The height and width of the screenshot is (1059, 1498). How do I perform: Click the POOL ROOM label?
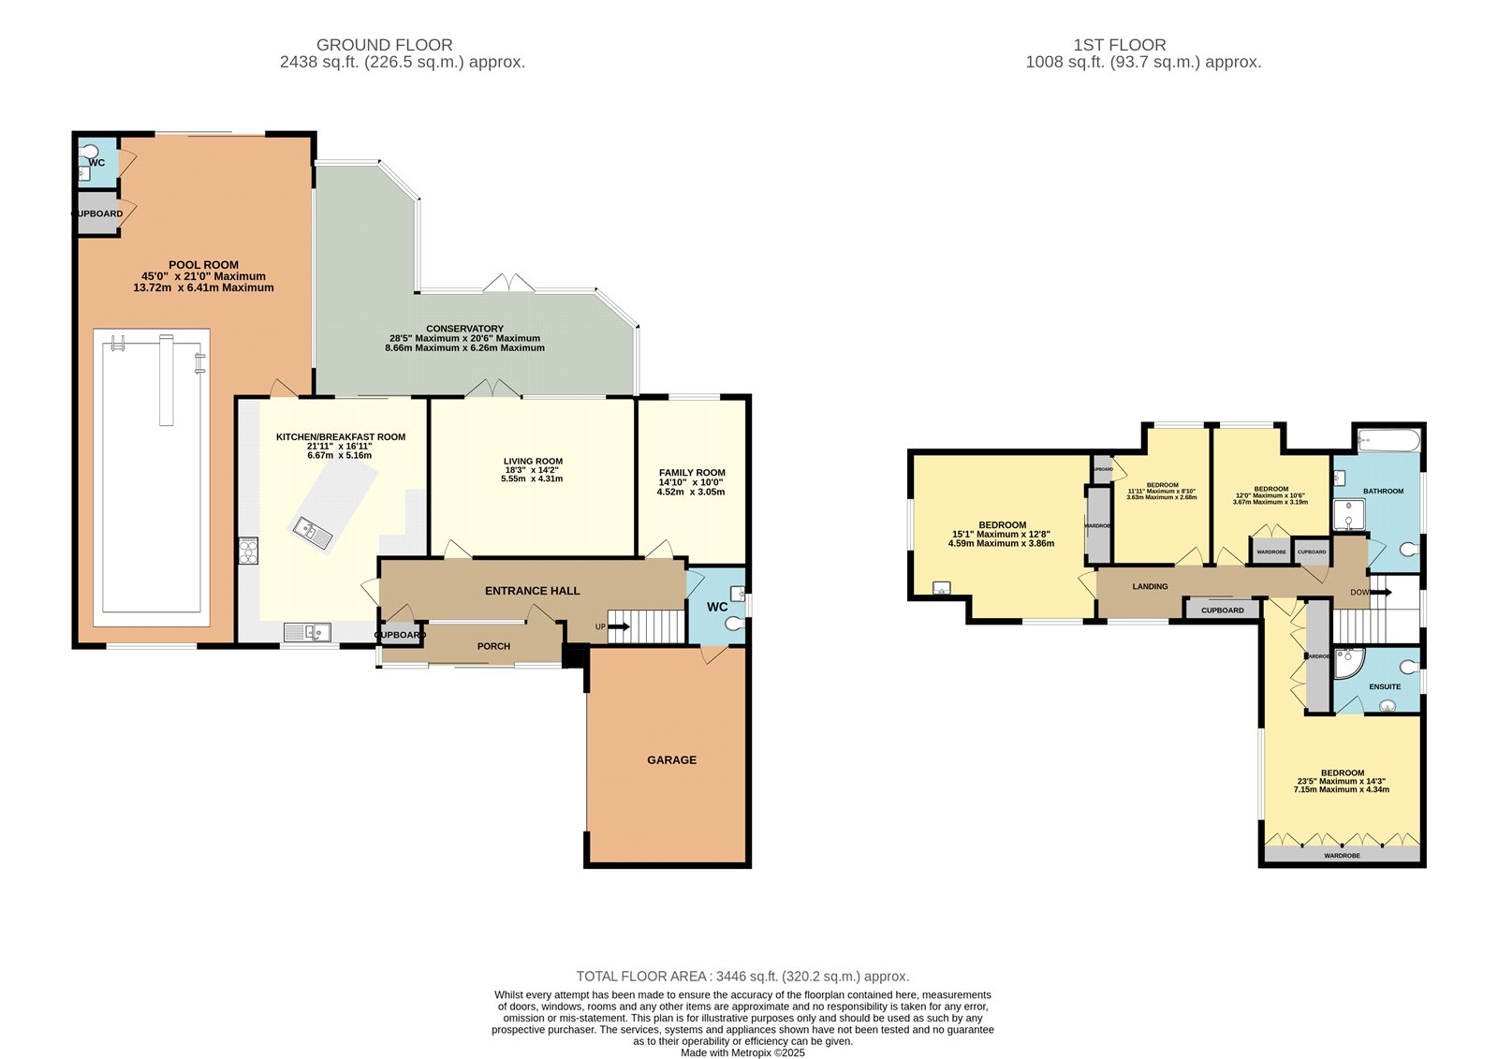pyautogui.click(x=203, y=265)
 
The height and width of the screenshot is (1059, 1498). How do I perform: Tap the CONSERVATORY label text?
pyautogui.click(x=464, y=329)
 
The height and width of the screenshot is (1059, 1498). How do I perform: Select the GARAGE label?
pyautogui.click(x=671, y=760)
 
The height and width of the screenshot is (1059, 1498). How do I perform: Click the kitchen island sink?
pyautogui.click(x=313, y=534)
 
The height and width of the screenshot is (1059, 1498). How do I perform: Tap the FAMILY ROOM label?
pyautogui.click(x=691, y=473)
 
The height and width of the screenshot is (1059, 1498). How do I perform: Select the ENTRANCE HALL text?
pyautogui.click(x=532, y=591)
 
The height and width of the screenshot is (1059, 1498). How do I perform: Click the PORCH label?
pyautogui.click(x=493, y=646)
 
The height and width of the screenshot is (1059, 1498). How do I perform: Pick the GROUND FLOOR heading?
pyautogui.click(x=384, y=45)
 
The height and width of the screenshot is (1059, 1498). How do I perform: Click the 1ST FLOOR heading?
pyautogui.click(x=1119, y=45)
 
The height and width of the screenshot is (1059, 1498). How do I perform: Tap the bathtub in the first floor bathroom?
pyautogui.click(x=1388, y=438)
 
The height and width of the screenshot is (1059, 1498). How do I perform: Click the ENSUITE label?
pyautogui.click(x=1385, y=686)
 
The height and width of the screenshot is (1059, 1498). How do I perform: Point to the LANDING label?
pyautogui.click(x=1150, y=587)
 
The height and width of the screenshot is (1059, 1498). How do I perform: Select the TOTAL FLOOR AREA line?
pyautogui.click(x=742, y=977)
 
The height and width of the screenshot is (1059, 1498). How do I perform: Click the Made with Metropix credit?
pyautogui.click(x=742, y=1052)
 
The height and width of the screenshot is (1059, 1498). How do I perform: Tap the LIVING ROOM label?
pyautogui.click(x=532, y=462)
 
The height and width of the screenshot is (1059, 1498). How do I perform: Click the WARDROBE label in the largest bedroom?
pyautogui.click(x=1342, y=856)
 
